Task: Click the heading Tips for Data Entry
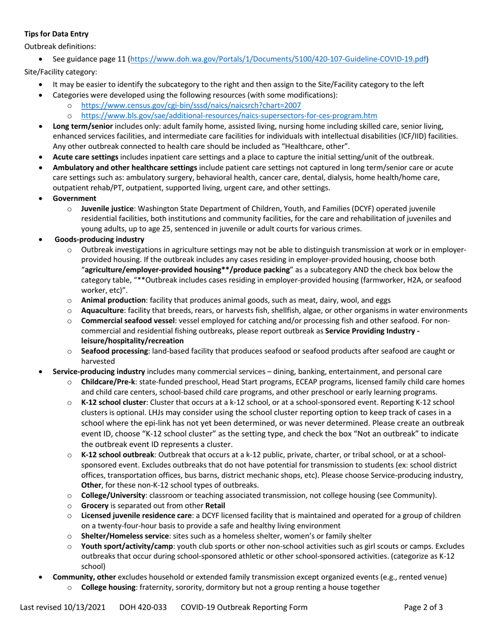57,34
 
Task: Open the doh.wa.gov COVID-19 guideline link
279,59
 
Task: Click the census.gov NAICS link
191,106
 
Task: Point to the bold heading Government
74,198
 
